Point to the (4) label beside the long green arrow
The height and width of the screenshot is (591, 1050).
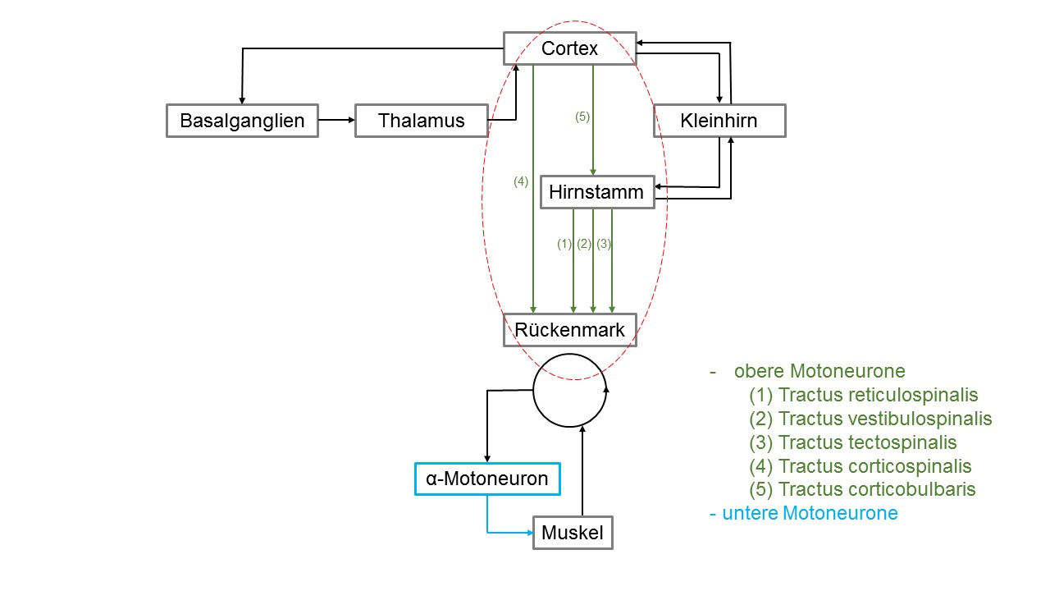click(x=521, y=181)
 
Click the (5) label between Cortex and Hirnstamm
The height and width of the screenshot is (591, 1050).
click(x=582, y=117)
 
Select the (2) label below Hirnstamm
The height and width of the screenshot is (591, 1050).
click(x=584, y=244)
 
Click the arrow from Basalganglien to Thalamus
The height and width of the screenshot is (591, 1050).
click(x=336, y=120)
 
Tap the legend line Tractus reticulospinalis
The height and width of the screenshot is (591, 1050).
click(x=864, y=395)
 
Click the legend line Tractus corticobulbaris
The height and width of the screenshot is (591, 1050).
click(x=862, y=489)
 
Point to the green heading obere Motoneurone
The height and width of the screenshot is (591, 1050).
click(x=819, y=371)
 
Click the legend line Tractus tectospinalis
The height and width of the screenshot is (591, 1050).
click(x=852, y=442)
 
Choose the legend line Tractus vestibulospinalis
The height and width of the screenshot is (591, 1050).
click(x=870, y=419)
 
